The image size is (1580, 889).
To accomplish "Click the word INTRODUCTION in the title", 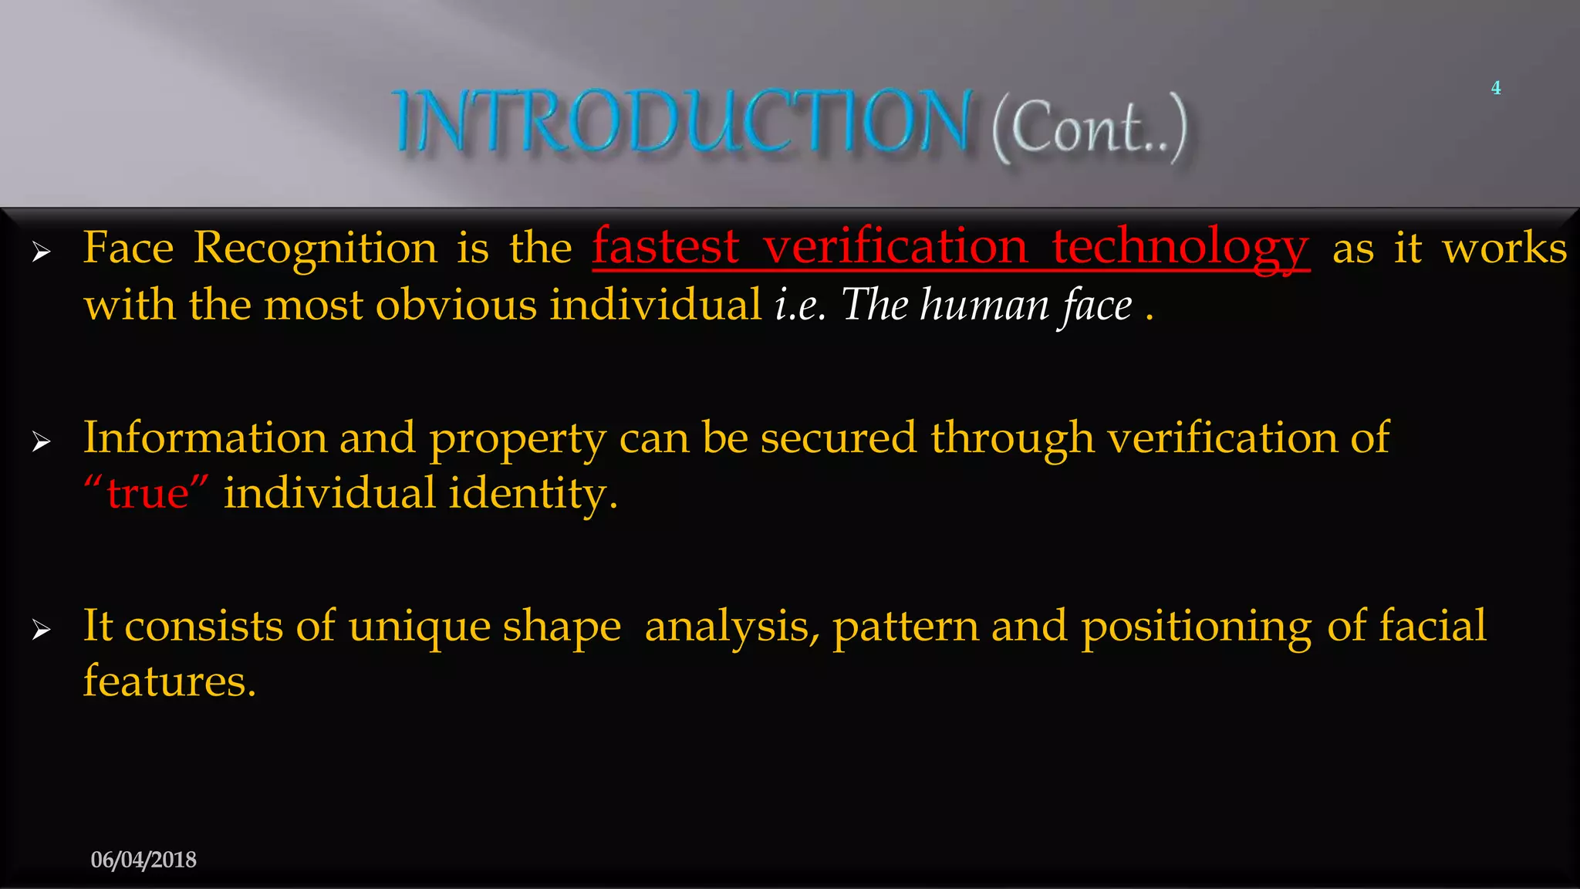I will [683, 122].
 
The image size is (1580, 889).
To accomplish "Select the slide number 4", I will [1496, 88].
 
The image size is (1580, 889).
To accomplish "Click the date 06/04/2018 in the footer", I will [143, 860].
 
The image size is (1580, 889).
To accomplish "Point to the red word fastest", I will [666, 247].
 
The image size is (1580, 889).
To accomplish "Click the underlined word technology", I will [1180, 248].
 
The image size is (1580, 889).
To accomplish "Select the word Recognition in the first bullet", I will [315, 248].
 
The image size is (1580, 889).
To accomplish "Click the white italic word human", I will [984, 305].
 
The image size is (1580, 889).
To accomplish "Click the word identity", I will [532, 494].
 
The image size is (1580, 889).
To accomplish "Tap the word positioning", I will [1196, 627].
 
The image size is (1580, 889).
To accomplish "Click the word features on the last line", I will [169, 681].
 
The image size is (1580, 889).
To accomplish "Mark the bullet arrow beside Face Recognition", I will [42, 252].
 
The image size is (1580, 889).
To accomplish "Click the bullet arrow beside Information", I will [42, 441].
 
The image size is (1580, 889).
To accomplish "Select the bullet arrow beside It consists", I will [42, 630].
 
